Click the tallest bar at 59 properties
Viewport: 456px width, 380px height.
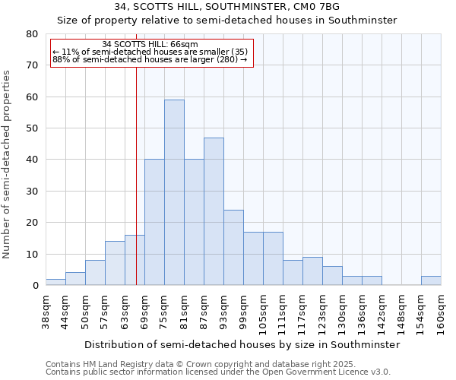click(x=174, y=192)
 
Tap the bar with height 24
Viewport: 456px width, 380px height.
click(x=233, y=247)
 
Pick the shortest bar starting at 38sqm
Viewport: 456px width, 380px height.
click(x=55, y=282)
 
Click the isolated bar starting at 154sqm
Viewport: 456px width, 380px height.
click(x=431, y=280)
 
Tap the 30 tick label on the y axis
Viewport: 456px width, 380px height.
click(x=32, y=191)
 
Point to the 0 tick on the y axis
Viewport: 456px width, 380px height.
click(x=35, y=286)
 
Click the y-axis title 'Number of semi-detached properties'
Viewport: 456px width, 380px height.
click(x=8, y=163)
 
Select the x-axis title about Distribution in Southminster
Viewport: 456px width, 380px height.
click(x=242, y=344)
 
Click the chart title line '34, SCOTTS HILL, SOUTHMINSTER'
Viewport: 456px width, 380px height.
click(x=227, y=7)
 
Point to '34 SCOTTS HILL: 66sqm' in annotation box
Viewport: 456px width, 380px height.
click(x=150, y=45)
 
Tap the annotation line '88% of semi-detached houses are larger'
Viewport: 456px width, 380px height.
click(x=150, y=59)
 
